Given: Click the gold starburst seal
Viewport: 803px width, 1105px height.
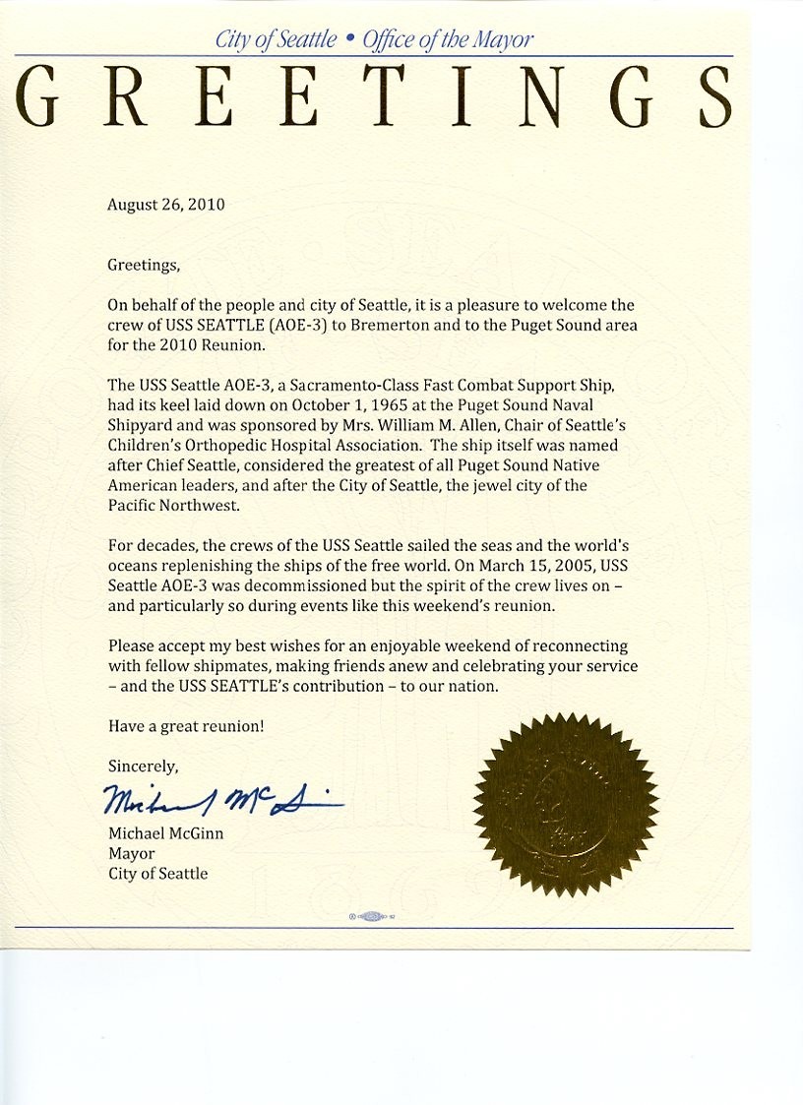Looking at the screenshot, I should click(x=565, y=805).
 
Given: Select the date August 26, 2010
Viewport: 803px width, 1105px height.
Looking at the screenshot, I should click(x=165, y=205).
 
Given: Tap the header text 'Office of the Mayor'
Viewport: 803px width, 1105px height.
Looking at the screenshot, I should click(x=448, y=40).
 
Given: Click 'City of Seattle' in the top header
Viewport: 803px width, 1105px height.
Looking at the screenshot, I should click(x=276, y=40).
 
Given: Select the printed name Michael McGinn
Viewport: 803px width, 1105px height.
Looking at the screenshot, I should click(x=164, y=833).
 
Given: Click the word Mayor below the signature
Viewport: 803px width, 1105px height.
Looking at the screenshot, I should click(x=131, y=853).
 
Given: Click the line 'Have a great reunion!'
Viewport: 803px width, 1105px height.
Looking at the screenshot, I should click(x=185, y=726).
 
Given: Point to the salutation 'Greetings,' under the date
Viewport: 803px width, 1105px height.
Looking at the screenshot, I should click(x=144, y=264).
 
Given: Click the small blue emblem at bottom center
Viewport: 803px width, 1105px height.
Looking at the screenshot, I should click(x=372, y=916).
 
